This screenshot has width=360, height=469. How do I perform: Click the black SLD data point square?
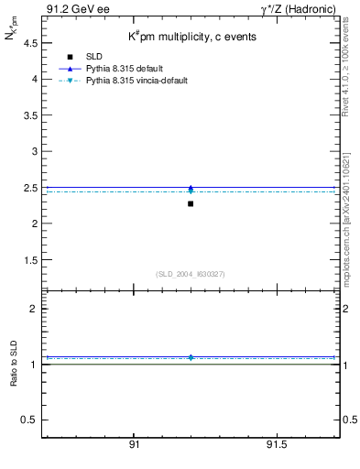point(191,203)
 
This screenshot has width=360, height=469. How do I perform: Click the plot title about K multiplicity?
point(191,37)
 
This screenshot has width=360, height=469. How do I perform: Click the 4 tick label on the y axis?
point(34,79)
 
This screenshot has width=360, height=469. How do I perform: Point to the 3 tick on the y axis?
point(34,151)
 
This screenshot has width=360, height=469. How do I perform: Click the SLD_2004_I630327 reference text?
point(191,274)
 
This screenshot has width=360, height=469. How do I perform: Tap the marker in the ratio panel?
point(191,356)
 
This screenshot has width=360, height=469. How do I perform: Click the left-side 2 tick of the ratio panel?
point(34,309)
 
